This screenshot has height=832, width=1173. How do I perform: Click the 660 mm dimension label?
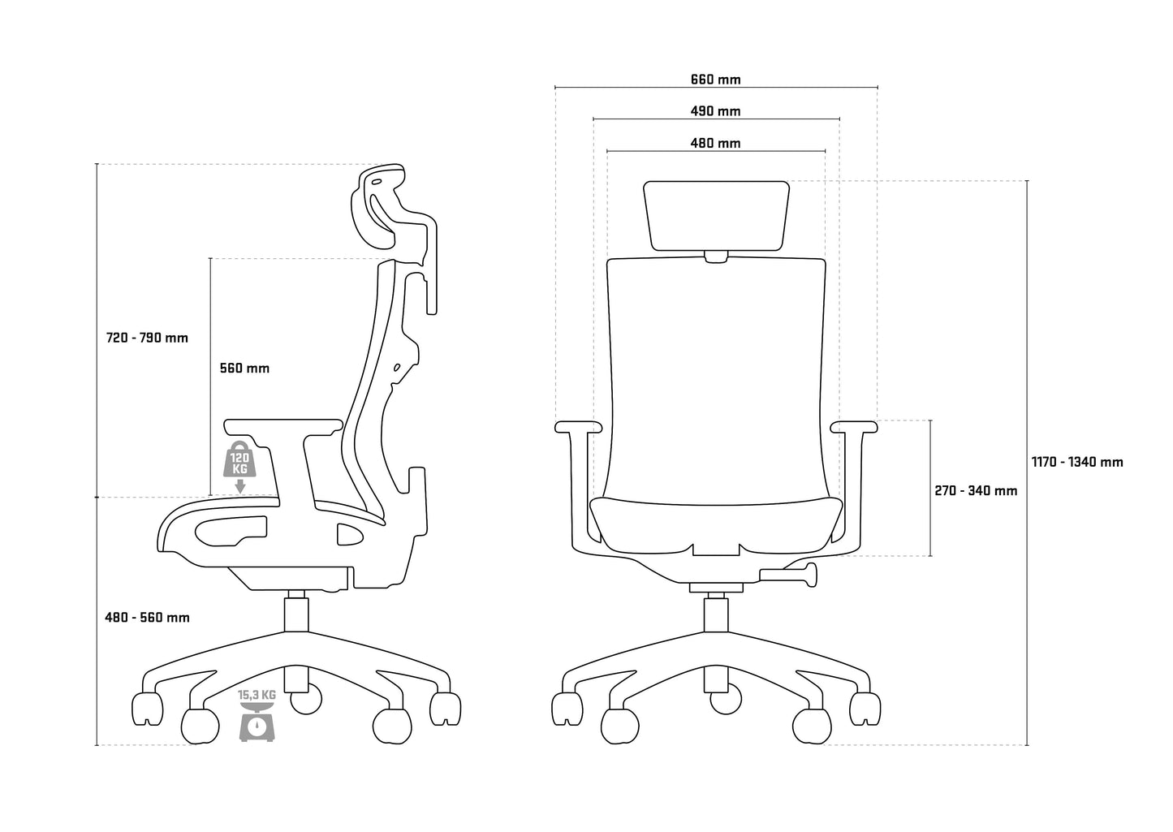(x=715, y=80)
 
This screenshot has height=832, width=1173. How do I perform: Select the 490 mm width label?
(x=715, y=111)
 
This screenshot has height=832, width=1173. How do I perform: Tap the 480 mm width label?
(x=715, y=143)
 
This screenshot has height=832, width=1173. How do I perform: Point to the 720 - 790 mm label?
(x=147, y=338)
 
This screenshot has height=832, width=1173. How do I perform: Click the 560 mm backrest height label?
(x=244, y=368)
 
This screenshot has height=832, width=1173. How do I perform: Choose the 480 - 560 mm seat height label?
(x=147, y=618)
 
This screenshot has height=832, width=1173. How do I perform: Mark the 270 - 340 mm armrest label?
(x=976, y=490)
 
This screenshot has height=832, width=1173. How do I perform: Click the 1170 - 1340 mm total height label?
(x=1077, y=462)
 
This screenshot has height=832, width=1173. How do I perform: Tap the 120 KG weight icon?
(x=239, y=459)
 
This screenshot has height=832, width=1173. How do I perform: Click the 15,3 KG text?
(x=257, y=696)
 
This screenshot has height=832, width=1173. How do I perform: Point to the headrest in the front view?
(x=716, y=216)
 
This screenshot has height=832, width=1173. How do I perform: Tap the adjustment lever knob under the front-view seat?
(x=811, y=575)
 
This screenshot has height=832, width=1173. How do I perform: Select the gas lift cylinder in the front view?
(x=716, y=615)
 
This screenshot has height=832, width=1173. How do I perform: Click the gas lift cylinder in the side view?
(x=296, y=615)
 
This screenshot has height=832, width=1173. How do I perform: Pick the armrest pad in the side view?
(x=283, y=426)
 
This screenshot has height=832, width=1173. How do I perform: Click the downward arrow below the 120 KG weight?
(x=239, y=486)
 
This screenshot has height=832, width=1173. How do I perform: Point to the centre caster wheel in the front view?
(x=726, y=700)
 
